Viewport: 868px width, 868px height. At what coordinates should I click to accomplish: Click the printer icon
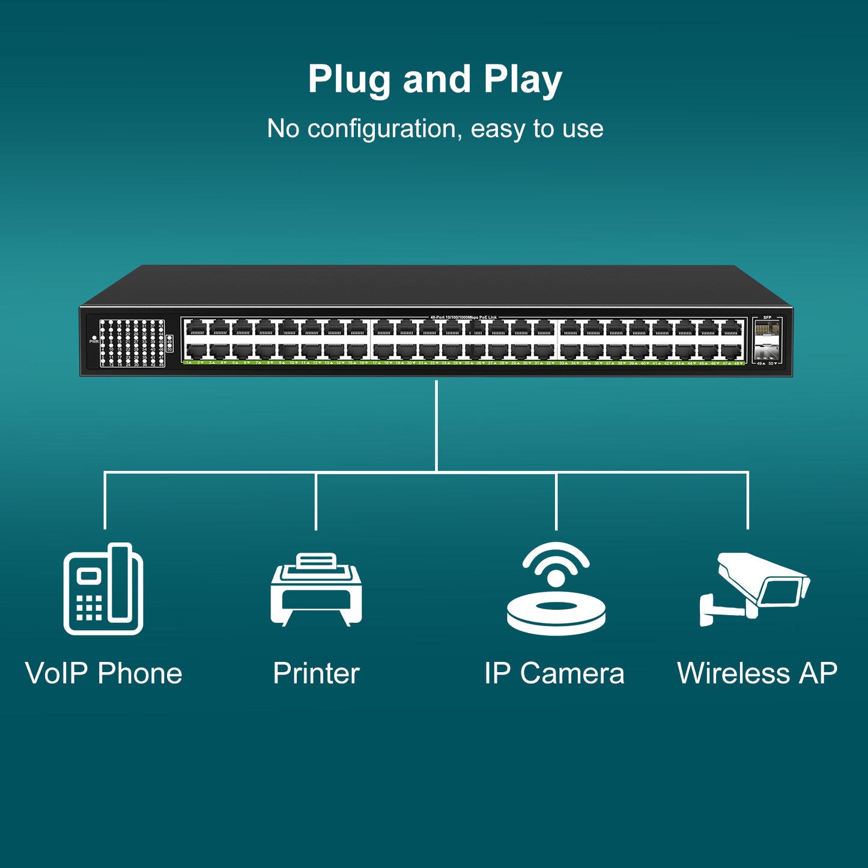tap(316, 589)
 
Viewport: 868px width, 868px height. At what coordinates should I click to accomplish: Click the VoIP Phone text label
tap(103, 673)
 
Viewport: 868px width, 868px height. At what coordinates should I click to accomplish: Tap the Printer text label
tap(316, 673)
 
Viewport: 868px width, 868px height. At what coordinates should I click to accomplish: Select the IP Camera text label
tap(554, 673)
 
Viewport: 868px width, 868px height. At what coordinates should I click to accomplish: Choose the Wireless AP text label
tap(757, 673)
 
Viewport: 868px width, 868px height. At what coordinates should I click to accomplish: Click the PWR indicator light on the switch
tap(94, 338)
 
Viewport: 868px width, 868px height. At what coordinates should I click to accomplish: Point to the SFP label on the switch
tap(767, 317)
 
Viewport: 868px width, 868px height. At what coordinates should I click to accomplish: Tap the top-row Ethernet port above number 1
tap(196, 329)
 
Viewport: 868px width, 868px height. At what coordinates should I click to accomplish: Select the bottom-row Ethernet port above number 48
tap(732, 351)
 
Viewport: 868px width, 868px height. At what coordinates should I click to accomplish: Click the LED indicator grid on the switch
tap(132, 342)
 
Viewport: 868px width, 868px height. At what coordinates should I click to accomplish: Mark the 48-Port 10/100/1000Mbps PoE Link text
tap(463, 317)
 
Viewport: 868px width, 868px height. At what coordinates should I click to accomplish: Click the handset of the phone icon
tap(120, 581)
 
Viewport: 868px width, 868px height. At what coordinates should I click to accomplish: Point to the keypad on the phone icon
tap(89, 608)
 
